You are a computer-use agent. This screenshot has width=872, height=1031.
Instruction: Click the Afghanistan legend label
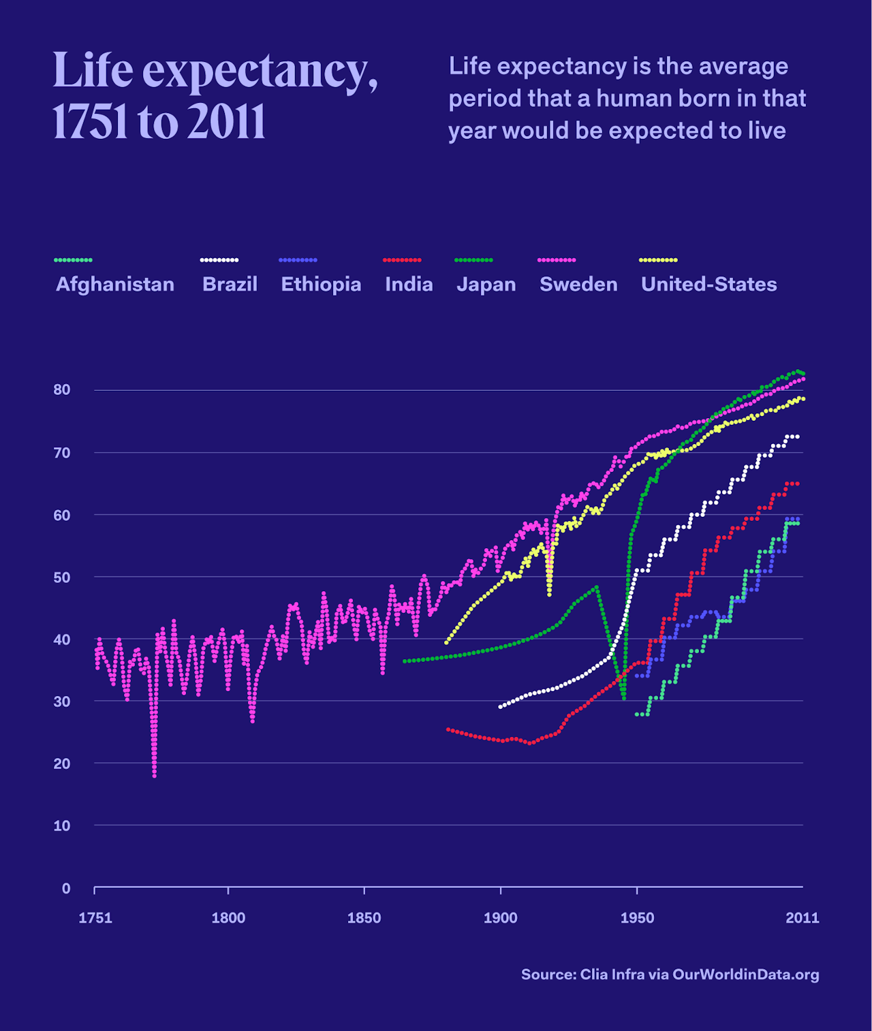tap(114, 284)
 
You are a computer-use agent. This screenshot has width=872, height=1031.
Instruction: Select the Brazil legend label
tap(230, 284)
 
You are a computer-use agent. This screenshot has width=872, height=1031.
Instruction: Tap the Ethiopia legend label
tap(321, 284)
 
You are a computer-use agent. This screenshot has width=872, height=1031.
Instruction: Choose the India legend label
tap(409, 284)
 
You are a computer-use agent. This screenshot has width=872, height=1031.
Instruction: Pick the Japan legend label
tap(486, 284)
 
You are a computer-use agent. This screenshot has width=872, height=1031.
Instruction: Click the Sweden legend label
tap(578, 284)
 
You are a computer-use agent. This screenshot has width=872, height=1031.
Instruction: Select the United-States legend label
tap(708, 284)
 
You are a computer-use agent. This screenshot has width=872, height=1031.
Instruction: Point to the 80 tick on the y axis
tap(62, 390)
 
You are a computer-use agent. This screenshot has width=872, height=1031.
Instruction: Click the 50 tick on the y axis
tap(62, 577)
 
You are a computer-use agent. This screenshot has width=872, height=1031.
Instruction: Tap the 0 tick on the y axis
tap(66, 888)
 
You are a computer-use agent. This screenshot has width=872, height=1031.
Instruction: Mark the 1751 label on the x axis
tap(95, 918)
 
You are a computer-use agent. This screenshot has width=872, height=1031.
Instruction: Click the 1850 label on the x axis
tap(364, 918)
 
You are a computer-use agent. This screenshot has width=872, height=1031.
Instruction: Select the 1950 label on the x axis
tap(637, 918)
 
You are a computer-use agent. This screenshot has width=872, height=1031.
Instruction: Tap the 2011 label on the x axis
tap(802, 918)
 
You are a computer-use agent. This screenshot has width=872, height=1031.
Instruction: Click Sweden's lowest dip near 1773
tap(155, 775)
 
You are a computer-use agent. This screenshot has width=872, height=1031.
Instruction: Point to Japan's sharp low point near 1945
tap(624, 698)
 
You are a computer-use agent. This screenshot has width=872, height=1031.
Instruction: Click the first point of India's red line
tap(448, 729)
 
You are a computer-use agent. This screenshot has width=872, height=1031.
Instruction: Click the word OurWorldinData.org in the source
tap(745, 974)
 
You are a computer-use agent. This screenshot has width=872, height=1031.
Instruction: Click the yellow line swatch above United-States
tap(658, 260)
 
